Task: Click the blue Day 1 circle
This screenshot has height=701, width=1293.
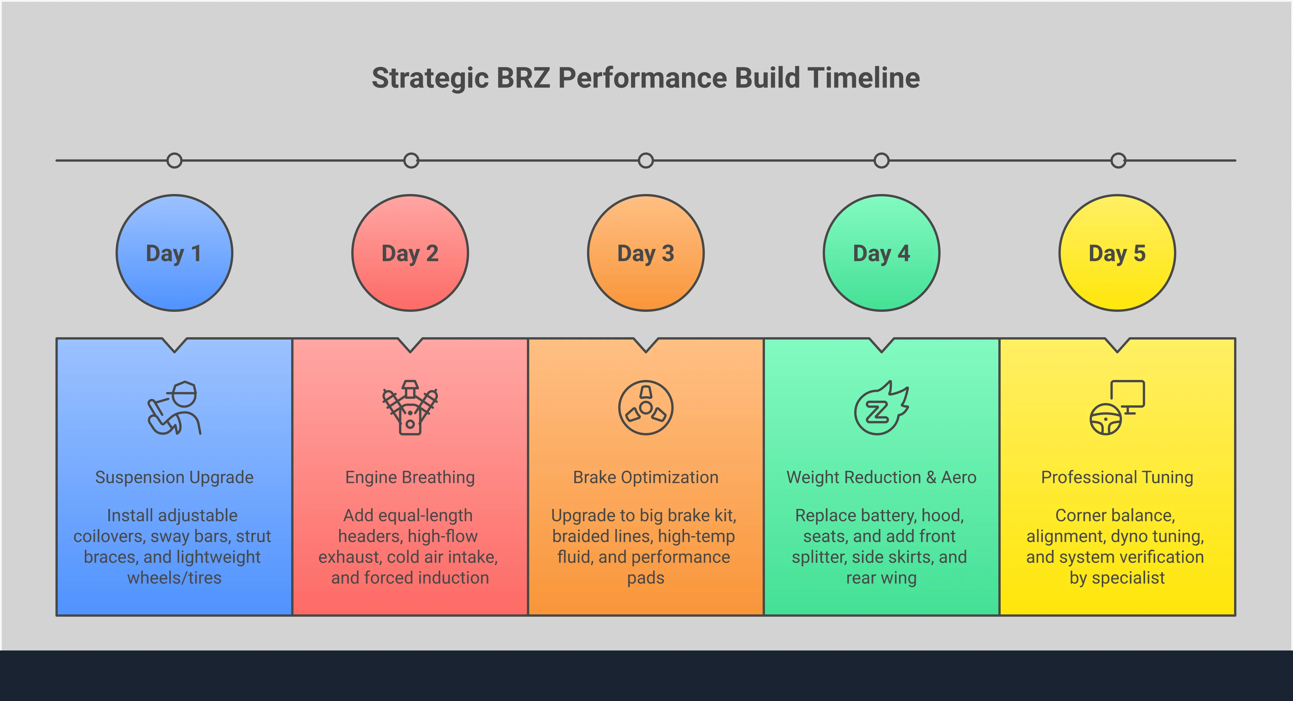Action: point(174,253)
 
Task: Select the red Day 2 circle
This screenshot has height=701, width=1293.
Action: point(410,253)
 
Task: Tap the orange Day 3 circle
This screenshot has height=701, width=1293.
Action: point(646,253)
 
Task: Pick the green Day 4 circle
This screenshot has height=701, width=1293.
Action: point(881,253)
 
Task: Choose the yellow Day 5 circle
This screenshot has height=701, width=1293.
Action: point(1117,253)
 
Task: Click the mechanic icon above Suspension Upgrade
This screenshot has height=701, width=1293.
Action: point(174,407)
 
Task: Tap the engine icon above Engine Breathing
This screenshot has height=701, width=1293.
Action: point(410,407)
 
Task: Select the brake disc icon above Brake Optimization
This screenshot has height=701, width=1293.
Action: point(646,407)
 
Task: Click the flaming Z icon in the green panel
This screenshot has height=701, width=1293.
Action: point(881,407)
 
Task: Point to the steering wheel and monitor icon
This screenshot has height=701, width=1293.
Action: point(1117,407)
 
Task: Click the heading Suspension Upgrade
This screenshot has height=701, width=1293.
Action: point(174,477)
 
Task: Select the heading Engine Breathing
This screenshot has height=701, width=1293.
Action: point(410,477)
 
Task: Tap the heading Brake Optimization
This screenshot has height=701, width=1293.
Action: point(646,477)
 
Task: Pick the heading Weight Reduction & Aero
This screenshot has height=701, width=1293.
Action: point(881,477)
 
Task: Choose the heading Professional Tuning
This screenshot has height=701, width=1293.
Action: point(1117,477)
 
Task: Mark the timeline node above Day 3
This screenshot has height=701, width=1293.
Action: point(646,161)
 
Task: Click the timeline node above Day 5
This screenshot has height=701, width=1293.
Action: point(1118,161)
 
